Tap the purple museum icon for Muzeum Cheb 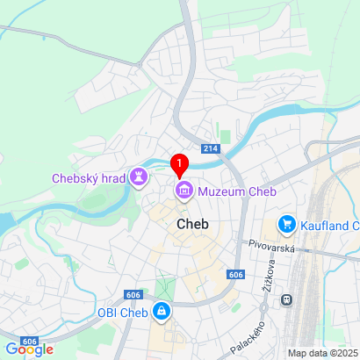click(x=184, y=191)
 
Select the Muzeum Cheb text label click(x=236, y=191)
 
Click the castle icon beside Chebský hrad click(x=139, y=178)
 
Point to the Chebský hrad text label click(x=89, y=178)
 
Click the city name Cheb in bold click(x=192, y=224)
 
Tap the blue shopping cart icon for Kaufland click(x=286, y=226)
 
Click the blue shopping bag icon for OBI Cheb click(x=162, y=312)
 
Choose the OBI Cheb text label click(x=118, y=312)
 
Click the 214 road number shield click(x=210, y=149)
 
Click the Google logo click(x=29, y=349)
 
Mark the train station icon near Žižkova click(x=287, y=299)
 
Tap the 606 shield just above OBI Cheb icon click(x=133, y=294)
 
